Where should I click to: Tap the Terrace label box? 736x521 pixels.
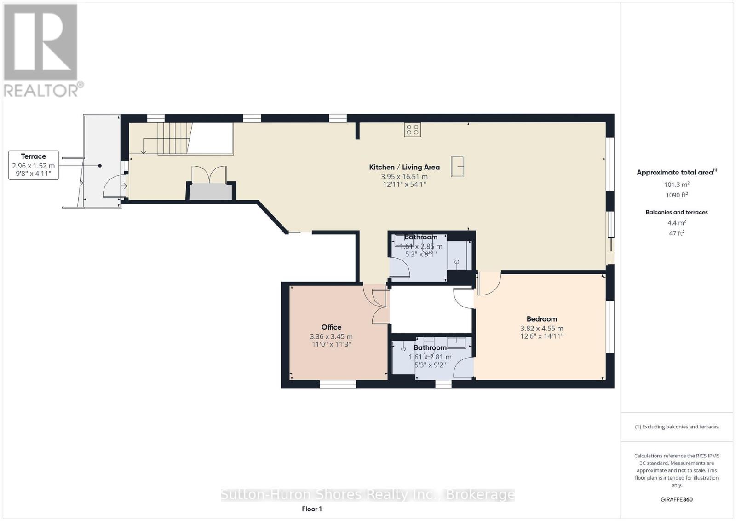34,165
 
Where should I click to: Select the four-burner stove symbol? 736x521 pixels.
412,130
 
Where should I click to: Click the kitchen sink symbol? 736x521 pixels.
458,166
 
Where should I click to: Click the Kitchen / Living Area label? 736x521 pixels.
404,167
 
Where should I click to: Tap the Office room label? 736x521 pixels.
331,327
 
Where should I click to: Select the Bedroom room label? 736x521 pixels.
541,319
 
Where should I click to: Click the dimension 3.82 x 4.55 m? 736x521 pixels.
541,329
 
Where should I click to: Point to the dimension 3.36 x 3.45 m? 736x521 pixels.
331,337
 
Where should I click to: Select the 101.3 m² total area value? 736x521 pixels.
676,185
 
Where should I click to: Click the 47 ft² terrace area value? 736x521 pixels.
676,233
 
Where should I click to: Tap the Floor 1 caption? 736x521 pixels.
312,509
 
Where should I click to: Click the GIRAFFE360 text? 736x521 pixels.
676,499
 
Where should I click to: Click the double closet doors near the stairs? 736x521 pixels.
209,175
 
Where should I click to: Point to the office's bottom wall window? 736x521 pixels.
338,384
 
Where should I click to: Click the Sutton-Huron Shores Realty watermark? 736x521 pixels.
368,495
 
